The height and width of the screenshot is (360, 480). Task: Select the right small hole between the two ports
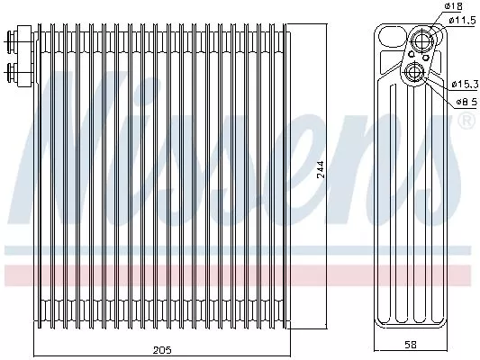pyautogui.click(x=425, y=57)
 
